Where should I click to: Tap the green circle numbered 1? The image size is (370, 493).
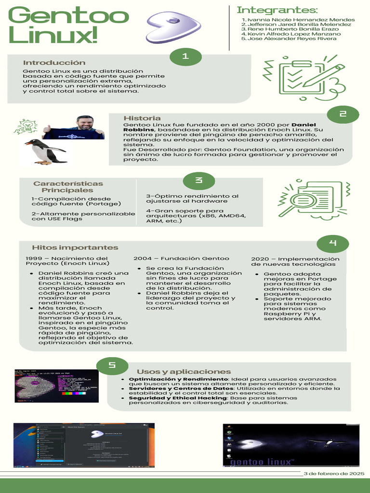185,57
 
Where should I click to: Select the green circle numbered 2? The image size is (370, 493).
343,114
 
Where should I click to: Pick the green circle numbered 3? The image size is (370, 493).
198,181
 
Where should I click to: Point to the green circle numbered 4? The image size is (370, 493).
332,243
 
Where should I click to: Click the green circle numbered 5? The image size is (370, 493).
112,365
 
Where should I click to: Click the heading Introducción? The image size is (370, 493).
54,63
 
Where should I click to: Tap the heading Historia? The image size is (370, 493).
142,118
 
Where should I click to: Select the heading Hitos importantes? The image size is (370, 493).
75,247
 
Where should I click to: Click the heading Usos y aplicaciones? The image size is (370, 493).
184,372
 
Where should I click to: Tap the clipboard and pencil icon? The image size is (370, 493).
304,78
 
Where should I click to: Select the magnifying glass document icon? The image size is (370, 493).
312,198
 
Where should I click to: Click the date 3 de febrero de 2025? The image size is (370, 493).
334,474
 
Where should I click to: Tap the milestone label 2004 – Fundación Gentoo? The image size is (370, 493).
181,259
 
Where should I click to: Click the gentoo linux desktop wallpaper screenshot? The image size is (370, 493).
291,445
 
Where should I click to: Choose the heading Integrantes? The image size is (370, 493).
277,10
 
